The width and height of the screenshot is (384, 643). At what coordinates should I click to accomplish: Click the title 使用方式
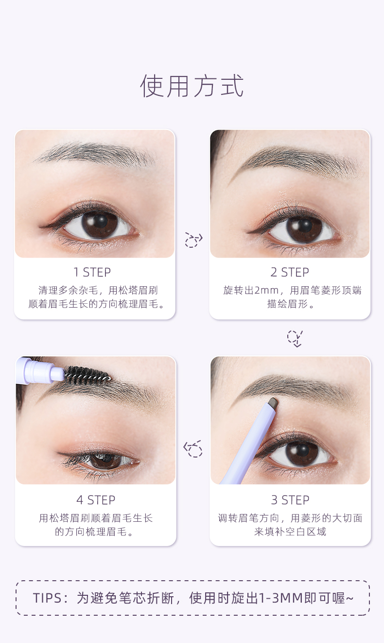click(192, 86)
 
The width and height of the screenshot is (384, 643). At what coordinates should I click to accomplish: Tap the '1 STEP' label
click(92, 272)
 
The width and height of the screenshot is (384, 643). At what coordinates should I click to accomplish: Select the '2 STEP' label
click(290, 272)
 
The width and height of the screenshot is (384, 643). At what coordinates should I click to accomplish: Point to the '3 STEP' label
click(290, 500)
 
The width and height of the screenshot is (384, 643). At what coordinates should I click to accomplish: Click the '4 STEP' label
click(96, 500)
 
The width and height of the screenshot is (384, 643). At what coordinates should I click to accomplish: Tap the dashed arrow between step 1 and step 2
click(193, 239)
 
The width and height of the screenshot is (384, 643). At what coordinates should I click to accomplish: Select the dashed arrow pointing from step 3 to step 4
click(193, 449)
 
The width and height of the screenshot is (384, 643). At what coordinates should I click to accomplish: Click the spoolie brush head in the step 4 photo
click(87, 375)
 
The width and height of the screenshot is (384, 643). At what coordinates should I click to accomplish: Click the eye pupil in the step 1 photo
click(100, 223)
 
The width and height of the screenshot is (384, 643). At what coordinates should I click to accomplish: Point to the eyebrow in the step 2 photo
click(297, 161)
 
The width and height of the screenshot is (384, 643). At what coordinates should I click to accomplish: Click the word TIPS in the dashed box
click(49, 598)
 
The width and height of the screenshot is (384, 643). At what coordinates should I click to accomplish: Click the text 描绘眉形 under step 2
click(290, 305)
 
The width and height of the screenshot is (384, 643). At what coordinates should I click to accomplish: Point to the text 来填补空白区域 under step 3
click(290, 532)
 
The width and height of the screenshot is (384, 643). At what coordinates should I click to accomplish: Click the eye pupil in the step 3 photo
click(302, 452)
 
